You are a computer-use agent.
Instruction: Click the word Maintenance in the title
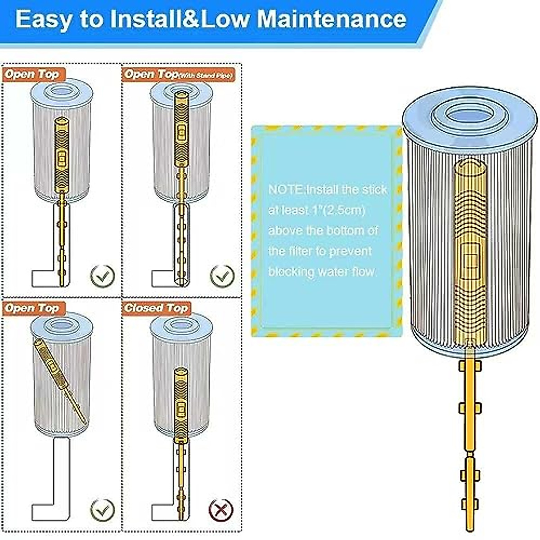click(332, 19)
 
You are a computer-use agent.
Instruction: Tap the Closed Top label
click(156, 308)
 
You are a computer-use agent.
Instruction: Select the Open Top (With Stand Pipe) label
click(179, 75)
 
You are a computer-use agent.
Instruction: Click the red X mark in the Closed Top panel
click(220, 509)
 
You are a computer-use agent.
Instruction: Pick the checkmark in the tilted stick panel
click(103, 509)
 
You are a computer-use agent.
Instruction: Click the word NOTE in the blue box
click(285, 189)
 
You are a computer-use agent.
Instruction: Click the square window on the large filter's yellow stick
click(471, 260)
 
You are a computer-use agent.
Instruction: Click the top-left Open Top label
click(32, 75)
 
